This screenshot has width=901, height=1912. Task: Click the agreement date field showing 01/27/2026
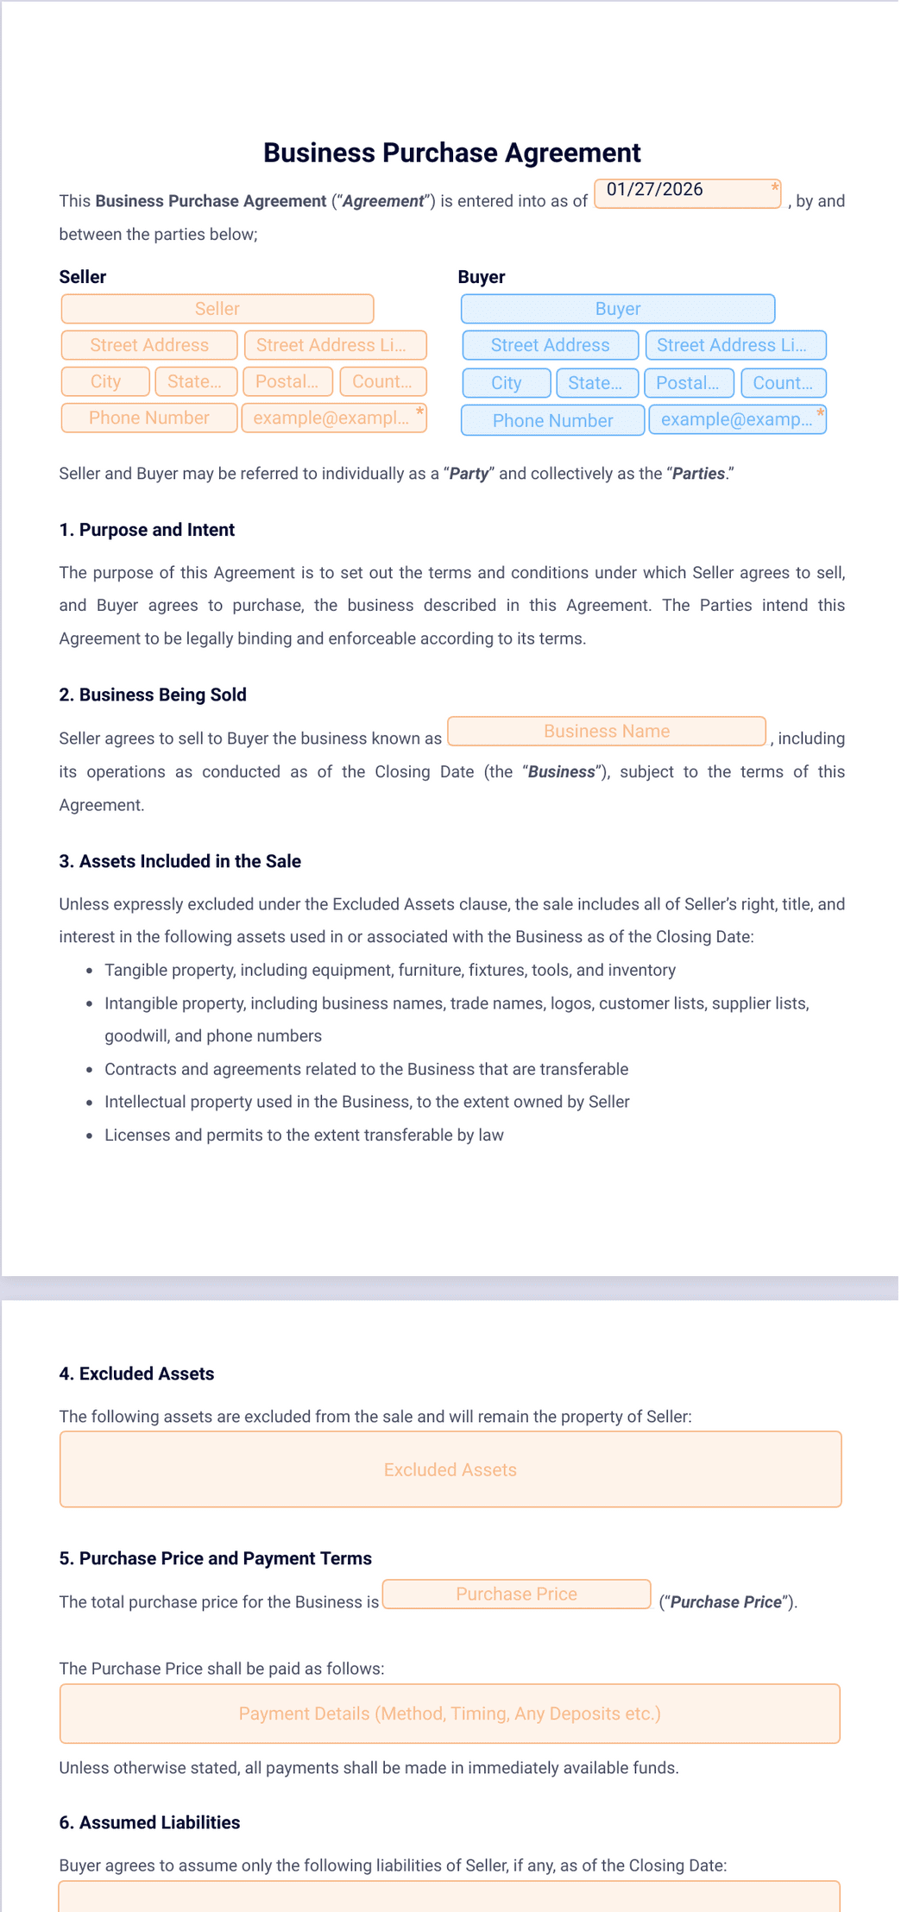pos(687,193)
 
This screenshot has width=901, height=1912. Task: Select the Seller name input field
pos(217,309)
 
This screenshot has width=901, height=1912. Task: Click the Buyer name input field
pos(618,309)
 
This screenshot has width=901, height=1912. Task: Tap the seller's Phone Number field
pos(149,418)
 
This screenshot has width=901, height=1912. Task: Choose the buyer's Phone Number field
pos(553,421)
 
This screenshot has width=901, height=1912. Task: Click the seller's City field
pos(106,381)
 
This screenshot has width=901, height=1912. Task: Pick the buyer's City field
pos(507,383)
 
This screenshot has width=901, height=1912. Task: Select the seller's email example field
pos(334,418)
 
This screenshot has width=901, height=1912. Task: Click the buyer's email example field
pos(737,420)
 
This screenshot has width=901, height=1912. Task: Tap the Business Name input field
pos(607,732)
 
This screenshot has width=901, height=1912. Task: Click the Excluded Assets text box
pos(450,1470)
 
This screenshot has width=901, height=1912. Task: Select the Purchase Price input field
pos(516,1594)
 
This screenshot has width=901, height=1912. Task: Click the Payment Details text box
pos(450,1714)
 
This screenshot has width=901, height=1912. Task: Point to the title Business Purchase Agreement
pos(451,153)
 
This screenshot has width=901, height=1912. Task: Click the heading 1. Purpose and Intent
pos(147,530)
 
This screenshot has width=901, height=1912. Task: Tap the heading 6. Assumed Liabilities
pos(149,1822)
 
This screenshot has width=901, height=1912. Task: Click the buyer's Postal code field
pos(688,383)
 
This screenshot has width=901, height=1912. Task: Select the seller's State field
pos(195,381)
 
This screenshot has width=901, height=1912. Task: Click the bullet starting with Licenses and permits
pos(304,1135)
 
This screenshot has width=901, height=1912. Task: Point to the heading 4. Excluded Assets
pos(136,1374)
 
